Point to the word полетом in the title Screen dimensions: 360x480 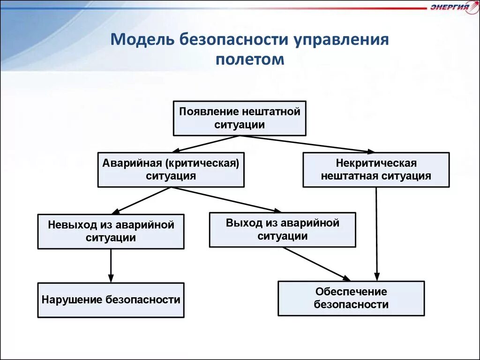pyautogui.click(x=250, y=60)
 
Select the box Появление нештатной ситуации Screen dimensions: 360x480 pyautogui.click(x=240, y=118)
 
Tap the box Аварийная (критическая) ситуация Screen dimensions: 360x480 pyautogui.click(x=171, y=170)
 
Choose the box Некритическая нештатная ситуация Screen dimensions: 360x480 pyautogui.click(x=376, y=170)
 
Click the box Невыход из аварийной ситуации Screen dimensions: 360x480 pyautogui.click(x=111, y=231)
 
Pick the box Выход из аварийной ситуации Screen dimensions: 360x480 pyautogui.click(x=282, y=229)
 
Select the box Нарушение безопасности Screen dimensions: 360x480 pyautogui.click(x=111, y=300)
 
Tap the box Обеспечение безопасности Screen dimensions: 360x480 pyautogui.click(x=351, y=298)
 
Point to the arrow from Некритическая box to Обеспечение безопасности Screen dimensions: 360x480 pyautogui.click(x=376, y=234)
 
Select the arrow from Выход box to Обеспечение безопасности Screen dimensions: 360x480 pyautogui.click(x=316, y=263)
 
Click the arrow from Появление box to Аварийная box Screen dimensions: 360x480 pyautogui.click(x=206, y=144)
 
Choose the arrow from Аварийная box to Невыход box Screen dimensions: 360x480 pyautogui.click(x=141, y=201)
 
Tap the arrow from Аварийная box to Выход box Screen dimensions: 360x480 pyautogui.click(x=225, y=200)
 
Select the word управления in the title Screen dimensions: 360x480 pyautogui.click(x=341, y=39)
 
